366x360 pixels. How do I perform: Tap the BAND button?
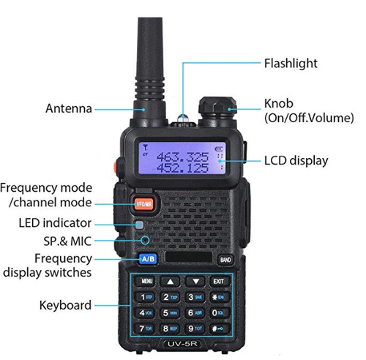click(225, 259)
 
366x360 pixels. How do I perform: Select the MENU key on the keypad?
click(146, 281)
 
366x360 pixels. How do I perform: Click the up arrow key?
click(171, 281)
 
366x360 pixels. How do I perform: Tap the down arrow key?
click(195, 281)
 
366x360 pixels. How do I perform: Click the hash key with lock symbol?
click(218, 329)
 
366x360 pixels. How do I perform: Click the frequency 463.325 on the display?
click(182, 157)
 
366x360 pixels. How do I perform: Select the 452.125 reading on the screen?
click(182, 168)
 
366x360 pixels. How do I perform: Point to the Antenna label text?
click(68, 109)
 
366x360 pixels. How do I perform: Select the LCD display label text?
click(296, 161)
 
